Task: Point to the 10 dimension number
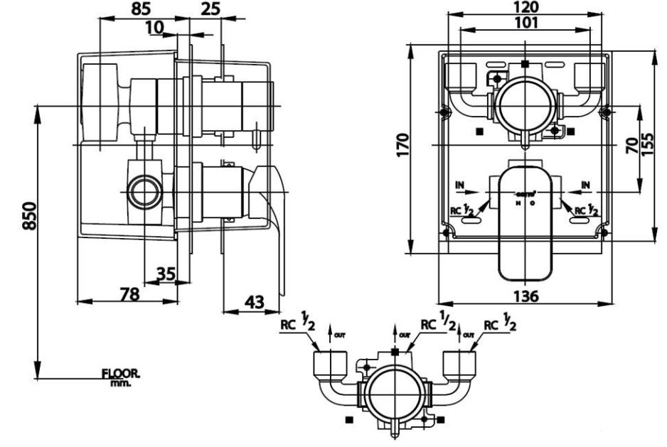[154, 27]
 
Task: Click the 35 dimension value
[166, 274]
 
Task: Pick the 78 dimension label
[129, 292]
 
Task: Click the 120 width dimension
[524, 9]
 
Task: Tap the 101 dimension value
[524, 22]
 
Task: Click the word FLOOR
[121, 372]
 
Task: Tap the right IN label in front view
[586, 185]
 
